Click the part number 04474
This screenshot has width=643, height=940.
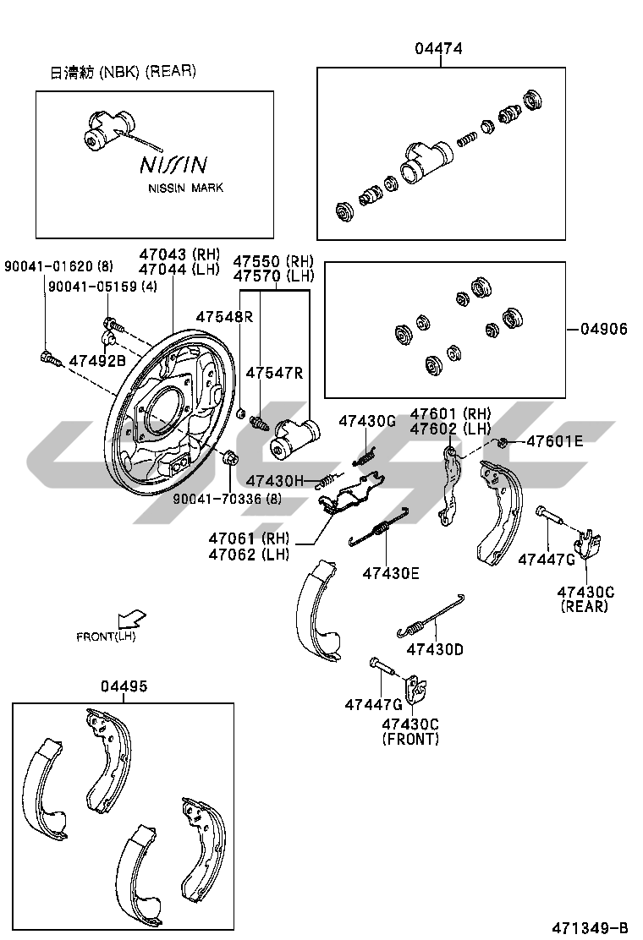pyautogui.click(x=438, y=49)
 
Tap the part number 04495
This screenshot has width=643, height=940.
pyautogui.click(x=124, y=686)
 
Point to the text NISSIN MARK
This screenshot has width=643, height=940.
pyautogui.click(x=186, y=188)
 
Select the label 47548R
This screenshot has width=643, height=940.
pyautogui.click(x=224, y=316)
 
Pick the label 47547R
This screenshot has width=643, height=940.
pyautogui.click(x=274, y=373)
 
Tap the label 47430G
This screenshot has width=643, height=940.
pyautogui.click(x=367, y=420)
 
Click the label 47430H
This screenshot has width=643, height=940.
pyautogui.click(x=274, y=481)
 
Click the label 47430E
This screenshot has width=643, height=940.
pyautogui.click(x=391, y=573)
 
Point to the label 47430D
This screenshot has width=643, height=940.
pyautogui.click(x=435, y=649)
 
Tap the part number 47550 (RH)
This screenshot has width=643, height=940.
pyautogui.click(x=272, y=261)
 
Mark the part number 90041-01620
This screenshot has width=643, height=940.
pyautogui.click(x=47, y=267)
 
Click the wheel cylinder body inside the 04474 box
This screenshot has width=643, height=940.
pyautogui.click(x=424, y=161)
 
